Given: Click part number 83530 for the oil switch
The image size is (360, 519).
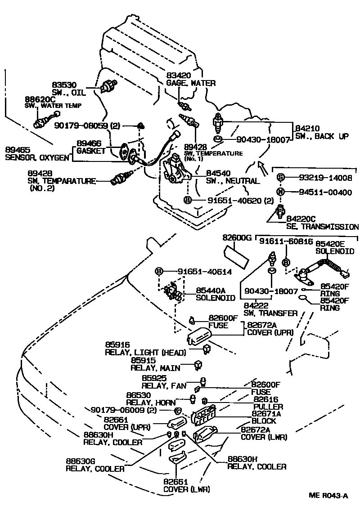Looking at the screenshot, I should [x=64, y=85].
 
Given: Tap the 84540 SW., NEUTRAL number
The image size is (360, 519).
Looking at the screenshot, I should [x=218, y=173].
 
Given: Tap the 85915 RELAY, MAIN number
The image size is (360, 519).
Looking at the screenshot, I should [x=143, y=361].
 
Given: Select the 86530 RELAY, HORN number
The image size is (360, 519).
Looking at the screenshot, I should [x=138, y=395].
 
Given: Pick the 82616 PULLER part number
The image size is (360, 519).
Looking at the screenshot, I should [x=266, y=399].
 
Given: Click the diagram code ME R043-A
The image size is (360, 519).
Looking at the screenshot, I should [x=328, y=495].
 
